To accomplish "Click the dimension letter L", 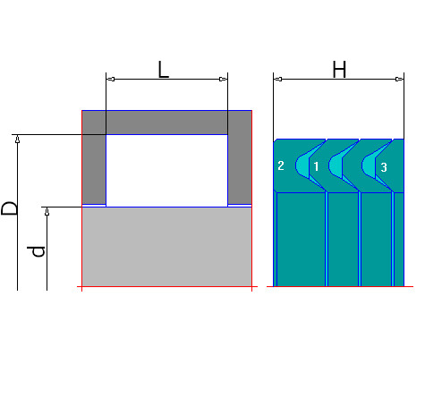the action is click(163, 70).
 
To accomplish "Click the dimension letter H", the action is click(339, 70).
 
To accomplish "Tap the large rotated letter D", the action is click(9, 208).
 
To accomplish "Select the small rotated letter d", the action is click(36, 251).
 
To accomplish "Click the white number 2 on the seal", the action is click(281, 165).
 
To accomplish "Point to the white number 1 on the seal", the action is click(316, 166).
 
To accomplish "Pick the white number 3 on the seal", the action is click(384, 167).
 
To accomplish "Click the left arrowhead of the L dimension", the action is click(110, 79).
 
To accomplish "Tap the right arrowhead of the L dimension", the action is click(224, 79).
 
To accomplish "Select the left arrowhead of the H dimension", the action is click(277, 79).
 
